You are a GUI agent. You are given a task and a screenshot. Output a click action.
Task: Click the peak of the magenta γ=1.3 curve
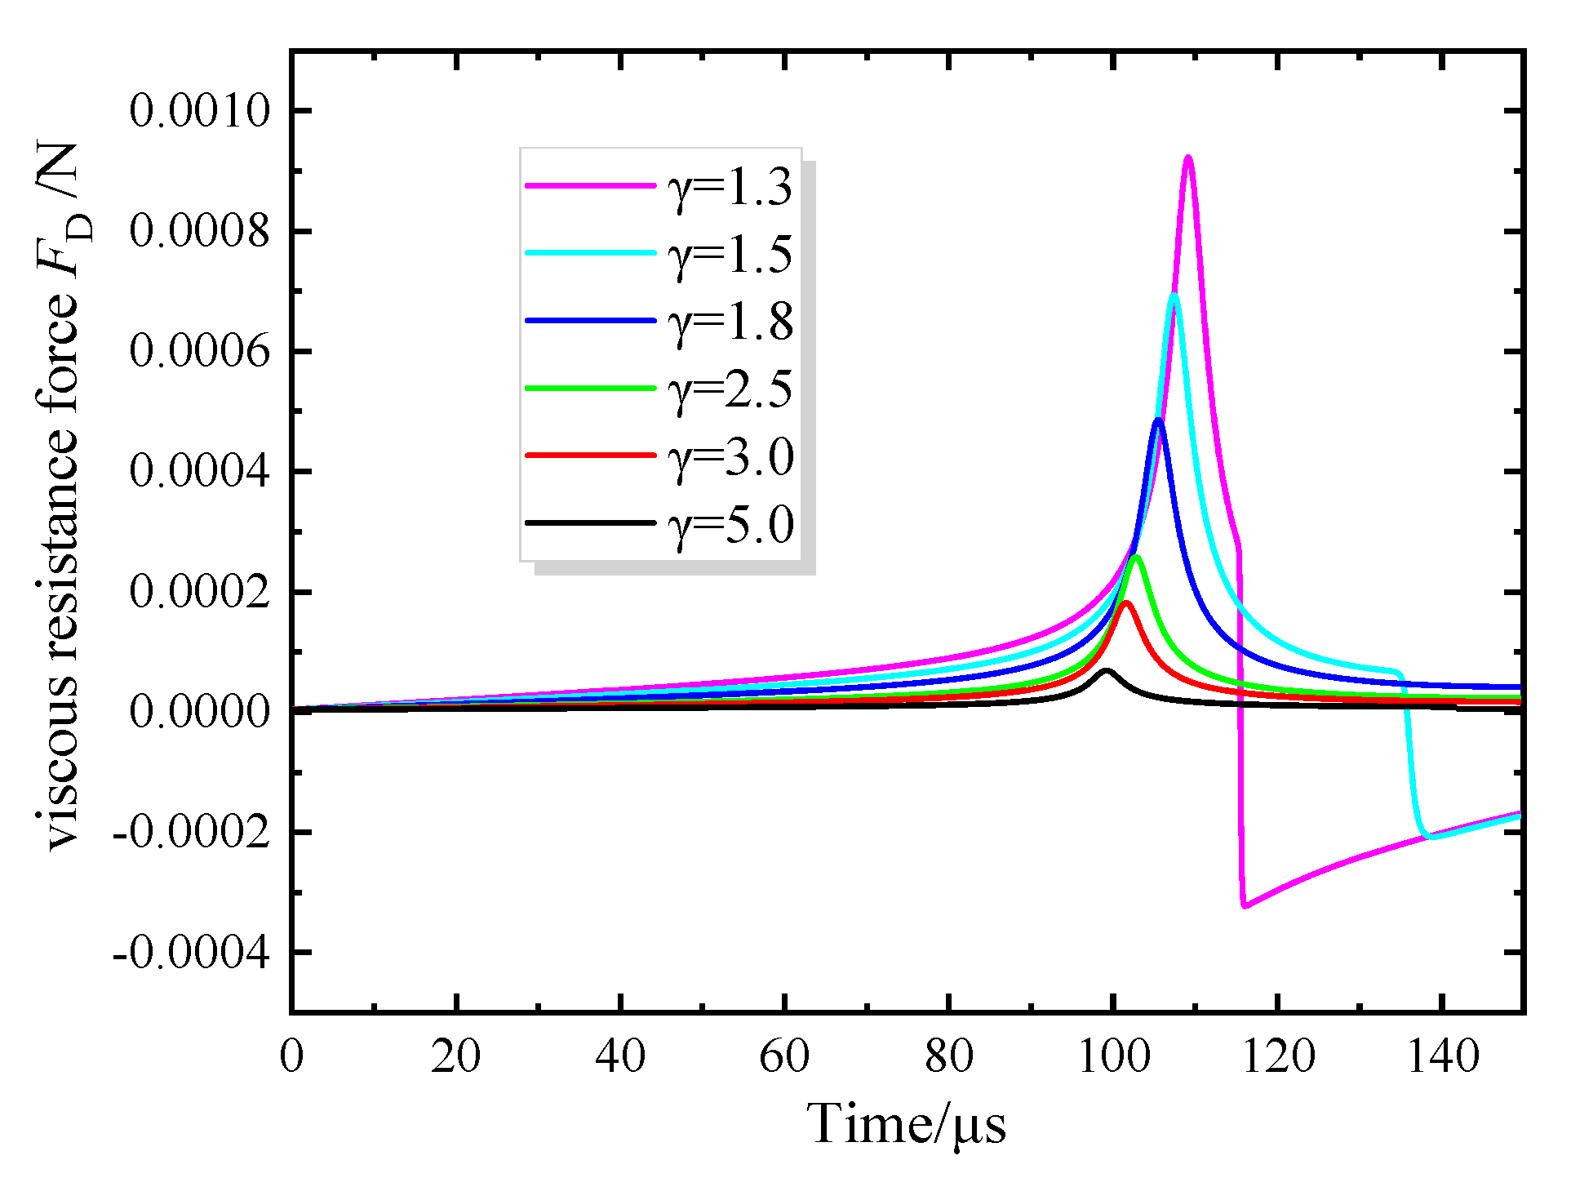(1188, 158)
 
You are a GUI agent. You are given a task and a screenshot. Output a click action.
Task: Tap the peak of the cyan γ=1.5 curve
(1174, 296)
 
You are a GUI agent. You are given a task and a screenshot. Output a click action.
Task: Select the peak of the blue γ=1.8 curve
(1158, 420)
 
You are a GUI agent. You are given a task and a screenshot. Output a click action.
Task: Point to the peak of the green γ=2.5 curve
(1135, 558)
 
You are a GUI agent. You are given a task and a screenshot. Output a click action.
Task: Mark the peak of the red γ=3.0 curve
(1127, 603)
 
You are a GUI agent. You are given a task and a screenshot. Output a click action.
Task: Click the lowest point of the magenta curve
(1245, 905)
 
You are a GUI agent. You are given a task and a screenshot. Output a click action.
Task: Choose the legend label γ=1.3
(730, 187)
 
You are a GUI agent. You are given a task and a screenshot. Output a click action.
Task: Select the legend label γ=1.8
(730, 322)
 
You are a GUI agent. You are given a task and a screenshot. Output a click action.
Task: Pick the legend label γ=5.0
(730, 524)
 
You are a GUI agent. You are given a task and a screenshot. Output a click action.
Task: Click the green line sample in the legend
(590, 389)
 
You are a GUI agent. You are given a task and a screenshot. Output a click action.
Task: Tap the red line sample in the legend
(590, 456)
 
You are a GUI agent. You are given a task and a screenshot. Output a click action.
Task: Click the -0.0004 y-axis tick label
(191, 953)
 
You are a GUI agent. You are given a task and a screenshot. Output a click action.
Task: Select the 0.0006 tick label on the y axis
(199, 352)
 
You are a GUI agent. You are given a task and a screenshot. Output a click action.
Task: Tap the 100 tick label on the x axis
(1113, 1056)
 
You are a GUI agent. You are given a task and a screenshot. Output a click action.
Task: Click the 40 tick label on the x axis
(620, 1056)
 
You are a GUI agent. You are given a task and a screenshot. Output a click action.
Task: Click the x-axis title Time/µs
(906, 1124)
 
